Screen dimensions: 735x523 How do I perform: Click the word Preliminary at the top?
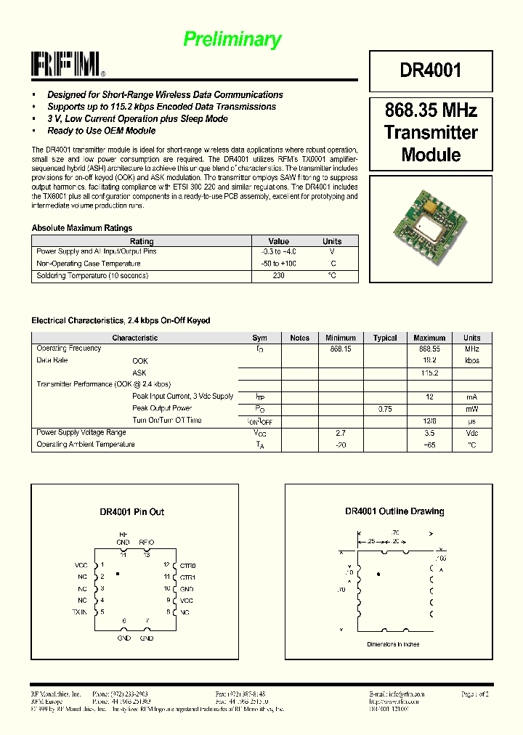point(232,39)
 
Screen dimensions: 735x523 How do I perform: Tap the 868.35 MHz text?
point(431,111)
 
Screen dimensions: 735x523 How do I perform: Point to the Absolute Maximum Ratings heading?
point(82,228)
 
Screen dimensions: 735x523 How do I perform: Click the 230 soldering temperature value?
point(278,276)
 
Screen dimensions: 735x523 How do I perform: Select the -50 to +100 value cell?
point(278,264)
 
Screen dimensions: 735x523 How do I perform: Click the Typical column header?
point(385,338)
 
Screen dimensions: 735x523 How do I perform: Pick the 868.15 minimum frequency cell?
point(341,349)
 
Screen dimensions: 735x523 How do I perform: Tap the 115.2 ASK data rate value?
point(429,373)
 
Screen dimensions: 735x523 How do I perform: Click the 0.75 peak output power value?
point(385,409)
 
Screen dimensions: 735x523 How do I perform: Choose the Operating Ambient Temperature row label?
point(86,444)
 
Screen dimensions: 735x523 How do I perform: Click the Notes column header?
point(299,338)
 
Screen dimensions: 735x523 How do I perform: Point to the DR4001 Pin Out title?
point(132,512)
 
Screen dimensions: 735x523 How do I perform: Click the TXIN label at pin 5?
point(79,612)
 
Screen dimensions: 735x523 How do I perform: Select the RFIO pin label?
point(146,542)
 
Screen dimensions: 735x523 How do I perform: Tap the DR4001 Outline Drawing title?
point(394,511)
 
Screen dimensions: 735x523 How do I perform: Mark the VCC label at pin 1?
point(81,565)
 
